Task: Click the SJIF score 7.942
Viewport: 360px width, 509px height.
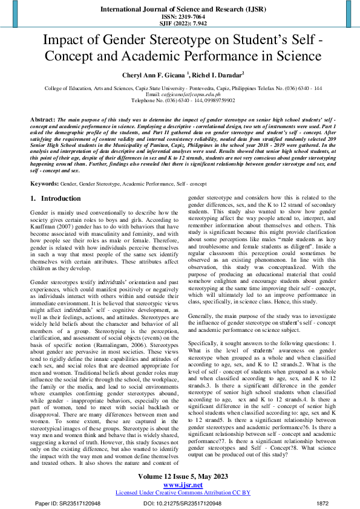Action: tap(193, 22)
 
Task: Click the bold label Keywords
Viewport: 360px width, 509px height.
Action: tap(44, 182)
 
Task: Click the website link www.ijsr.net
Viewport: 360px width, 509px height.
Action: tap(179, 484)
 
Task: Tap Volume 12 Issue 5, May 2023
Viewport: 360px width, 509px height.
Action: tap(179, 476)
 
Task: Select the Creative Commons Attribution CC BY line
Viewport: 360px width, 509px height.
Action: tap(179, 492)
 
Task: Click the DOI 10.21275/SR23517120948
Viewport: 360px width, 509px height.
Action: tap(182, 503)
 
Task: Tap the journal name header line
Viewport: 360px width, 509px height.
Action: tap(180, 8)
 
